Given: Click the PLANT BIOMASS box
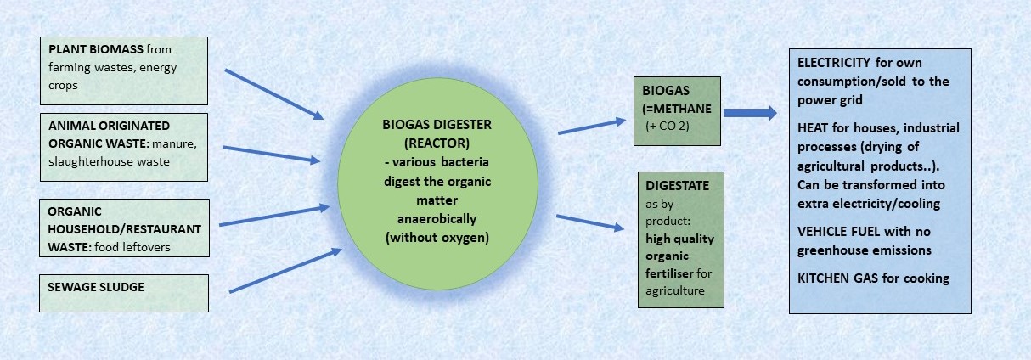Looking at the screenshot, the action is click(124, 70).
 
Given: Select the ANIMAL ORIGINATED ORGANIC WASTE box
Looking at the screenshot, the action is click(124, 148).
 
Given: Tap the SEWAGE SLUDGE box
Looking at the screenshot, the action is click(124, 293).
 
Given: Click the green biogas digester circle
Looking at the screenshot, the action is click(437, 183).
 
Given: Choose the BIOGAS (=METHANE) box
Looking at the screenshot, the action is click(677, 111).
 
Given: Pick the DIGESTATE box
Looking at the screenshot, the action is click(681, 239).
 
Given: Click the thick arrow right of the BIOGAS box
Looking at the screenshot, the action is click(750, 113).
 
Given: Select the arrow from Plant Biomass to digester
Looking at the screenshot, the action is click(274, 94).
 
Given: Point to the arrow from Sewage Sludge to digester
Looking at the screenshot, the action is click(286, 270).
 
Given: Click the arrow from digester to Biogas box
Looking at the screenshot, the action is click(592, 126).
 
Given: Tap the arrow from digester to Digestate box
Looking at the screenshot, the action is click(590, 222).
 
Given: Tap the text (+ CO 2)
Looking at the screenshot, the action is click(668, 126).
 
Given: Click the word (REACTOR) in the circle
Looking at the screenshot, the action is click(437, 143).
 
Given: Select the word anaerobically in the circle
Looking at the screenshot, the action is click(437, 219).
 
